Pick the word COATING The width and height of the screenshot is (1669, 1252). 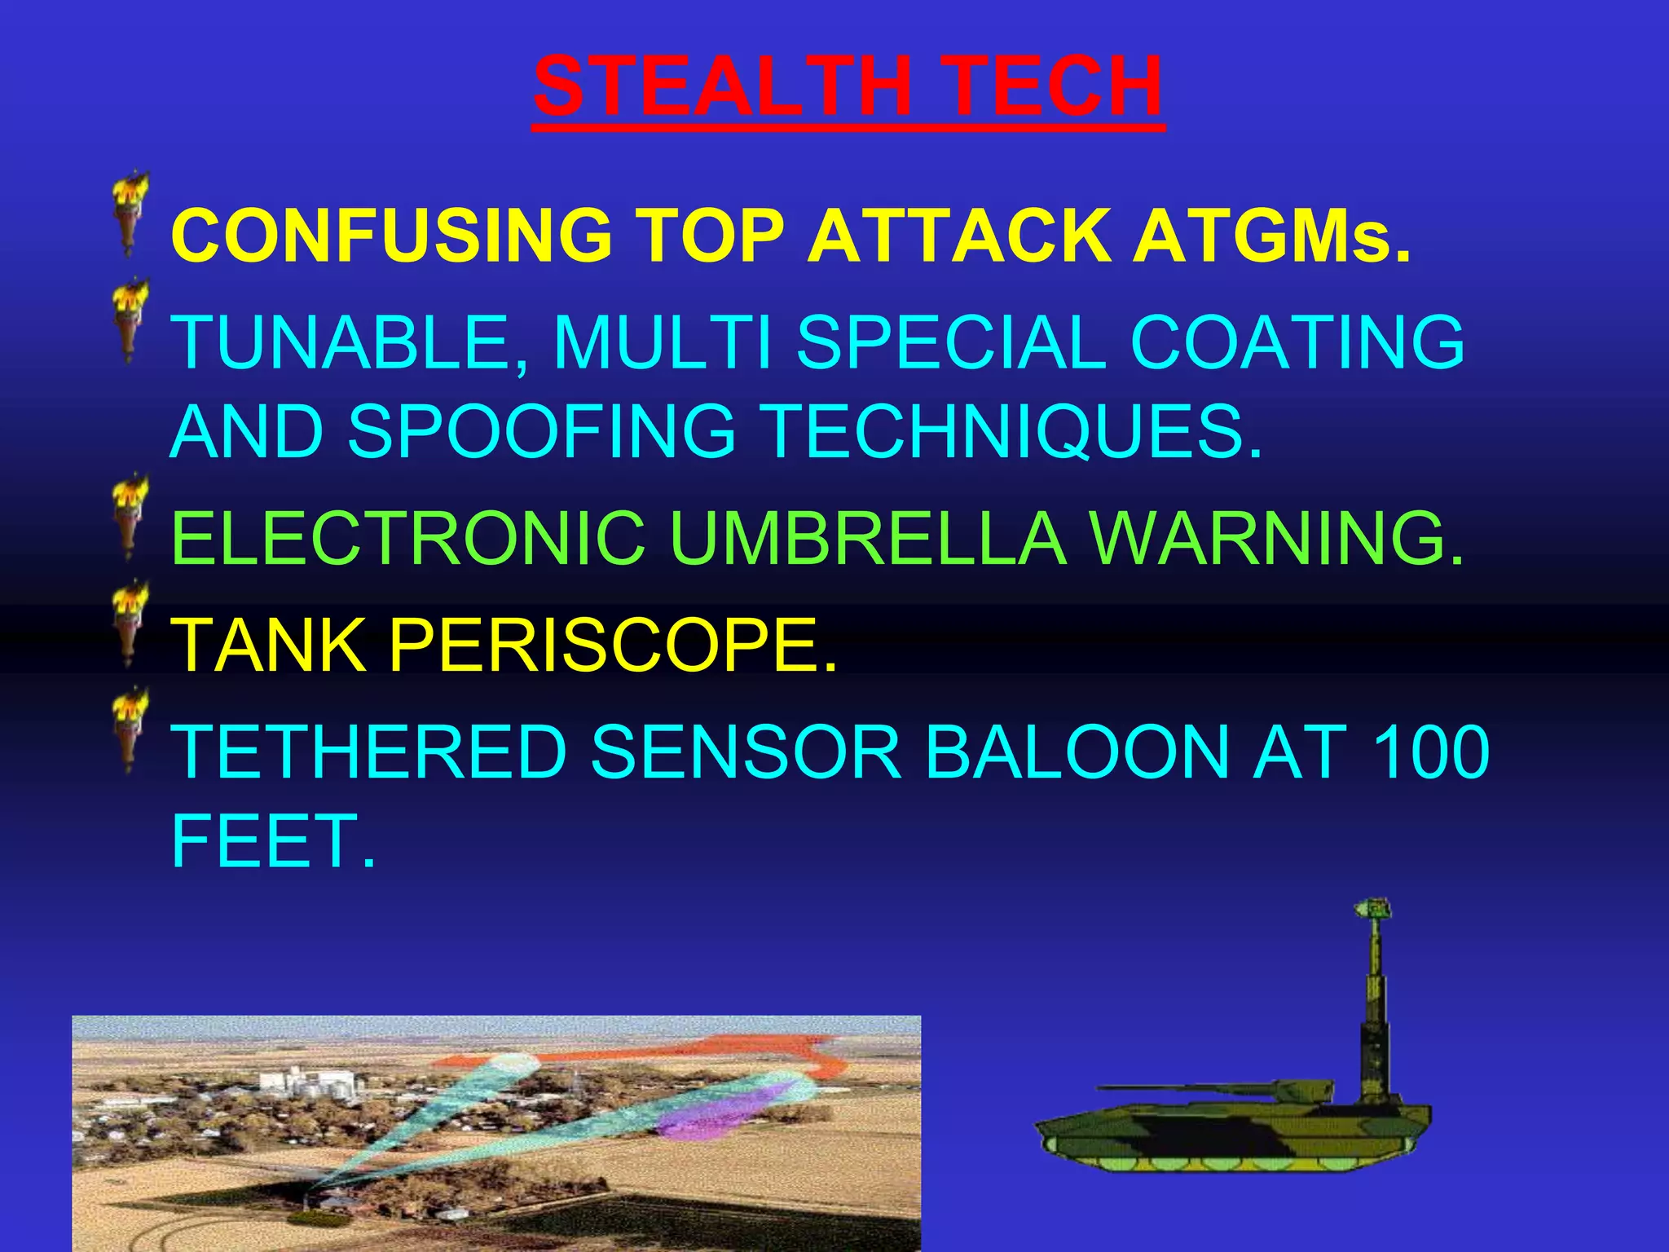pyautogui.click(x=1297, y=342)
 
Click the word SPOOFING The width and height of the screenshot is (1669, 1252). pyautogui.click(x=542, y=431)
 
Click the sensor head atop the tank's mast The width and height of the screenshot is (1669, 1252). pyautogui.click(x=1372, y=911)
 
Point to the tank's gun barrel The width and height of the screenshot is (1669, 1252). pyautogui.click(x=1182, y=1087)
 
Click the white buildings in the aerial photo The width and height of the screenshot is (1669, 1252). pyautogui.click(x=302, y=1084)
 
